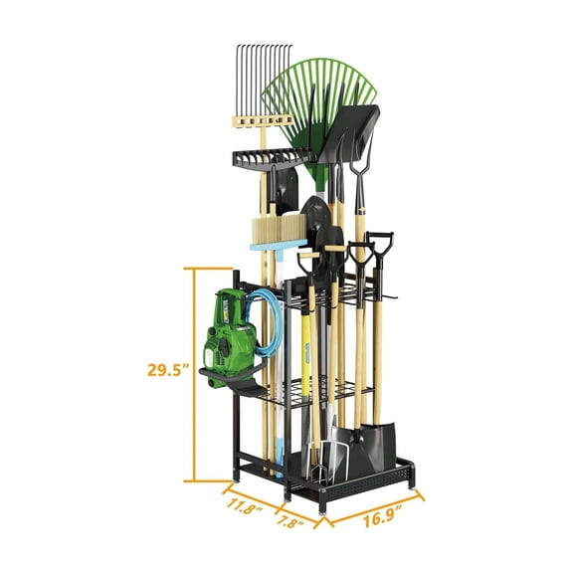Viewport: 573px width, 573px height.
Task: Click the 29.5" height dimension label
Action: pyautogui.click(x=169, y=369)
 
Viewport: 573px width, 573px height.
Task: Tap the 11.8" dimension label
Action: pyautogui.click(x=244, y=505)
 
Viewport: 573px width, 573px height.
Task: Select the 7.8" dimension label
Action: pyautogui.click(x=290, y=520)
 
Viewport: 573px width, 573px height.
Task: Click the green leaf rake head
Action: pyautogui.click(x=319, y=106)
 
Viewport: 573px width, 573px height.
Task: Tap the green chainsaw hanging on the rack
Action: pyautogui.click(x=230, y=338)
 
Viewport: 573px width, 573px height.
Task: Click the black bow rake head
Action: pyautogui.click(x=272, y=157)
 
